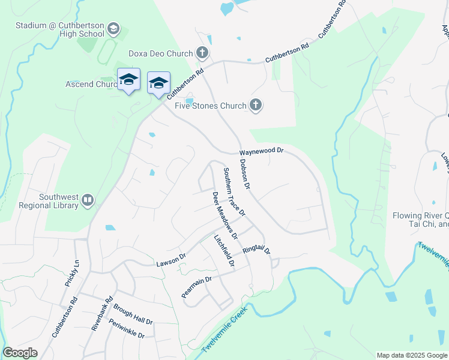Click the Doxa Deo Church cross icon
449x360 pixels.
pyautogui.click(x=202, y=53)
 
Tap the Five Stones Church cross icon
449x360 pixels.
pyautogui.click(x=256, y=106)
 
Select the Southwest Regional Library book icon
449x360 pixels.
pyautogui.click(x=88, y=200)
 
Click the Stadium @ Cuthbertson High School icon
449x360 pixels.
pyautogui.click(x=113, y=29)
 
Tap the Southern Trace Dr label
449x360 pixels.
pyautogui.click(x=234, y=191)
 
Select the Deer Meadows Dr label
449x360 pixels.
pyautogui.click(x=225, y=214)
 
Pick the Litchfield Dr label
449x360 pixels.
pyautogui.click(x=224, y=250)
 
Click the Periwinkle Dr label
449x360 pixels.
pyautogui.click(x=127, y=328)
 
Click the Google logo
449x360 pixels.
pyautogui.click(x=20, y=353)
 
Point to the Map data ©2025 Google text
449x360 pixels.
pyautogui.click(x=412, y=355)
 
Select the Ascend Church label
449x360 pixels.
pyautogui.click(x=91, y=84)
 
